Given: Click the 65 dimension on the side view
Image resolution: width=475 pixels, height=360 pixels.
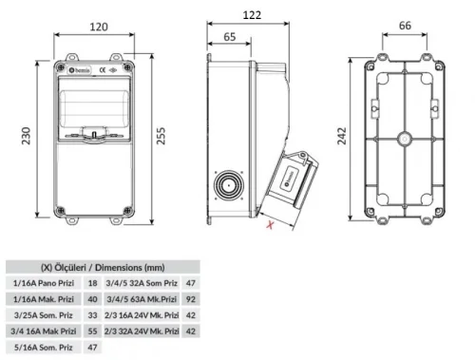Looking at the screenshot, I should (x=229, y=36).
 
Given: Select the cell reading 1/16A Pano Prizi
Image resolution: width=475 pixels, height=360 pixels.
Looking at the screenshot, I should (x=44, y=283).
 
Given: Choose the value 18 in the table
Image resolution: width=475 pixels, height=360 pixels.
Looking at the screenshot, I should (x=92, y=283).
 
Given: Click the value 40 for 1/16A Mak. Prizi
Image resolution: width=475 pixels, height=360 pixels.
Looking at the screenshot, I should (x=92, y=299).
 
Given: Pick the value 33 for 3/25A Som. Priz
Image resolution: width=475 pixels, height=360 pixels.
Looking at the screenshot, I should (x=92, y=315).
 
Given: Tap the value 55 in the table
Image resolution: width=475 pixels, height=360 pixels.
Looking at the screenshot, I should (x=92, y=332).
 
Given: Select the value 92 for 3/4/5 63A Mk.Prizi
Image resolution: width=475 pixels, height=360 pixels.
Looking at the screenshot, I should (x=191, y=299).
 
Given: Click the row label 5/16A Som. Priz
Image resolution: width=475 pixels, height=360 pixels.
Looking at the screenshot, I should (x=44, y=348).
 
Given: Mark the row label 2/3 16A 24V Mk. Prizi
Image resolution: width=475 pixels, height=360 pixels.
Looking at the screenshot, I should (x=142, y=315).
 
